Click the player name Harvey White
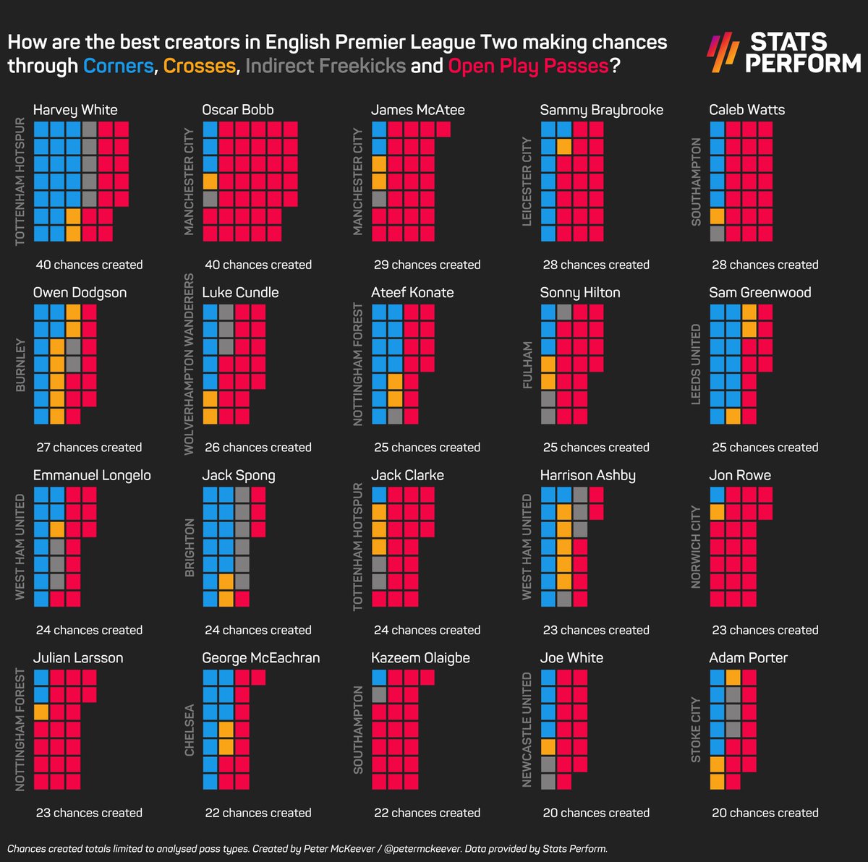(x=75, y=110)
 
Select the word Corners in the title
(x=119, y=66)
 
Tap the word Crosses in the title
(x=200, y=66)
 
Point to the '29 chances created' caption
(x=427, y=265)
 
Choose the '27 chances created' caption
(x=89, y=448)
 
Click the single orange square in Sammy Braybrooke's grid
(x=564, y=147)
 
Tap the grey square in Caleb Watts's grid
(x=717, y=234)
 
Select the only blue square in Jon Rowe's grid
(x=717, y=495)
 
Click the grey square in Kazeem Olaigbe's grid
(x=379, y=695)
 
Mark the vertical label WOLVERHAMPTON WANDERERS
(x=190, y=364)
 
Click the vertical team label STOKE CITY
(x=696, y=729)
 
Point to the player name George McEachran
(x=260, y=658)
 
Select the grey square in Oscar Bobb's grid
(x=210, y=199)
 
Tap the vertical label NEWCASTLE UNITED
(x=527, y=729)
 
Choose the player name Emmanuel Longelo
(x=92, y=475)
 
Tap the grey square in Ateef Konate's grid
(x=395, y=417)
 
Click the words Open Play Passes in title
(x=528, y=66)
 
